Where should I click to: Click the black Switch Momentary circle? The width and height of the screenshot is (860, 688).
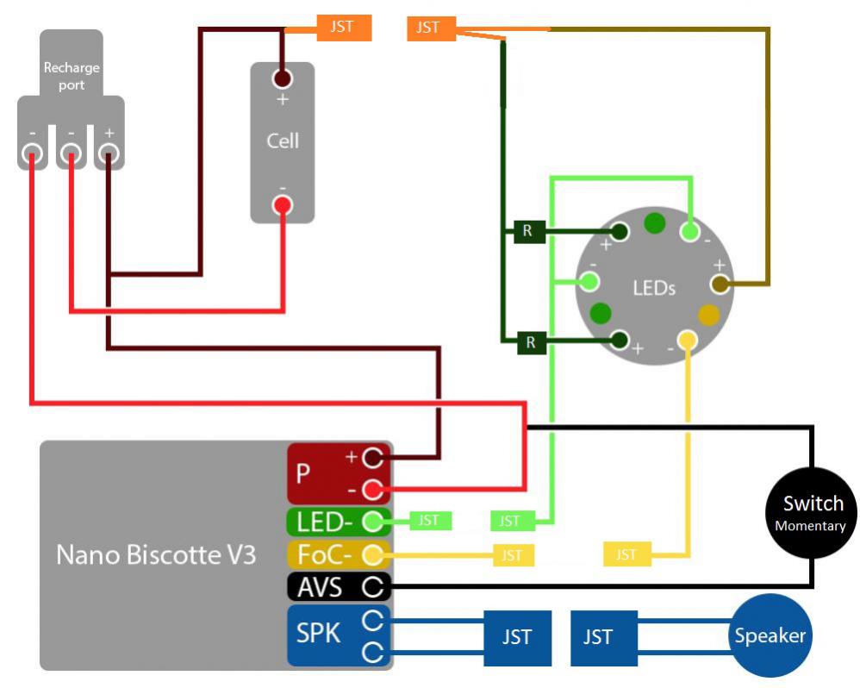(x=812, y=512)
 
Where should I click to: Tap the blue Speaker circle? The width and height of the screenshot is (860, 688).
(x=769, y=636)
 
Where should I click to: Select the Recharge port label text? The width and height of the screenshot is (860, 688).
(x=72, y=76)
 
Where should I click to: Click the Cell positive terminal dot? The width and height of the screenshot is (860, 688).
(x=282, y=79)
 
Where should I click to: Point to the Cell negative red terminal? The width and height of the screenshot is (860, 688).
(x=282, y=205)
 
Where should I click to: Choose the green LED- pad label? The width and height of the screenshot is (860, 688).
(x=326, y=522)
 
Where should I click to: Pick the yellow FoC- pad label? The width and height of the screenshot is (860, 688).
(x=326, y=554)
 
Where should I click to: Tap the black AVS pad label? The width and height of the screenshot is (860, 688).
(x=320, y=588)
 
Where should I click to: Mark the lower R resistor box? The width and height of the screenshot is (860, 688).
(x=531, y=342)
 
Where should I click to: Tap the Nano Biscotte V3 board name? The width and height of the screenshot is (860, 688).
(x=156, y=554)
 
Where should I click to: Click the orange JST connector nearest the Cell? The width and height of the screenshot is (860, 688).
(x=344, y=28)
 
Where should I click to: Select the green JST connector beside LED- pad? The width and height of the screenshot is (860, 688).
(x=428, y=521)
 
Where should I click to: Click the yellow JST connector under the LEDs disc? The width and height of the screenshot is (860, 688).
(x=626, y=554)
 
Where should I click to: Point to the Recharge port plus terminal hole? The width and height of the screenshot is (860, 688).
(x=108, y=154)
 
